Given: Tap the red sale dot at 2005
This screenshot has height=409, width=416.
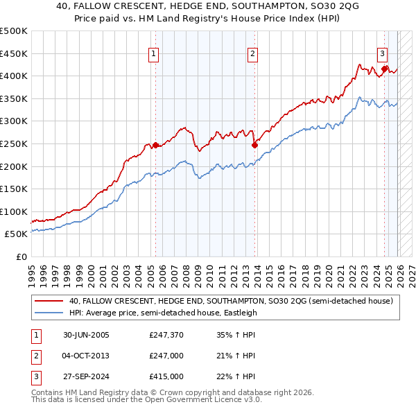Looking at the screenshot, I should (x=155, y=145).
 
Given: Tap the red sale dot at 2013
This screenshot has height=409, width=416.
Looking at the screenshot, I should (x=254, y=145).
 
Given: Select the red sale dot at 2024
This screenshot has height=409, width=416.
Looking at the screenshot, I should (x=384, y=69).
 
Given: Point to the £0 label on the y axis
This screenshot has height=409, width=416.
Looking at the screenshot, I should (x=21, y=256).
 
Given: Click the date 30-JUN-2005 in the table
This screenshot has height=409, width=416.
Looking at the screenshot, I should (x=87, y=335).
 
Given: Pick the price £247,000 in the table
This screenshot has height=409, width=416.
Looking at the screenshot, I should (x=166, y=356).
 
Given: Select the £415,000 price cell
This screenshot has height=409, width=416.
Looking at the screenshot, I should (x=166, y=376).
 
